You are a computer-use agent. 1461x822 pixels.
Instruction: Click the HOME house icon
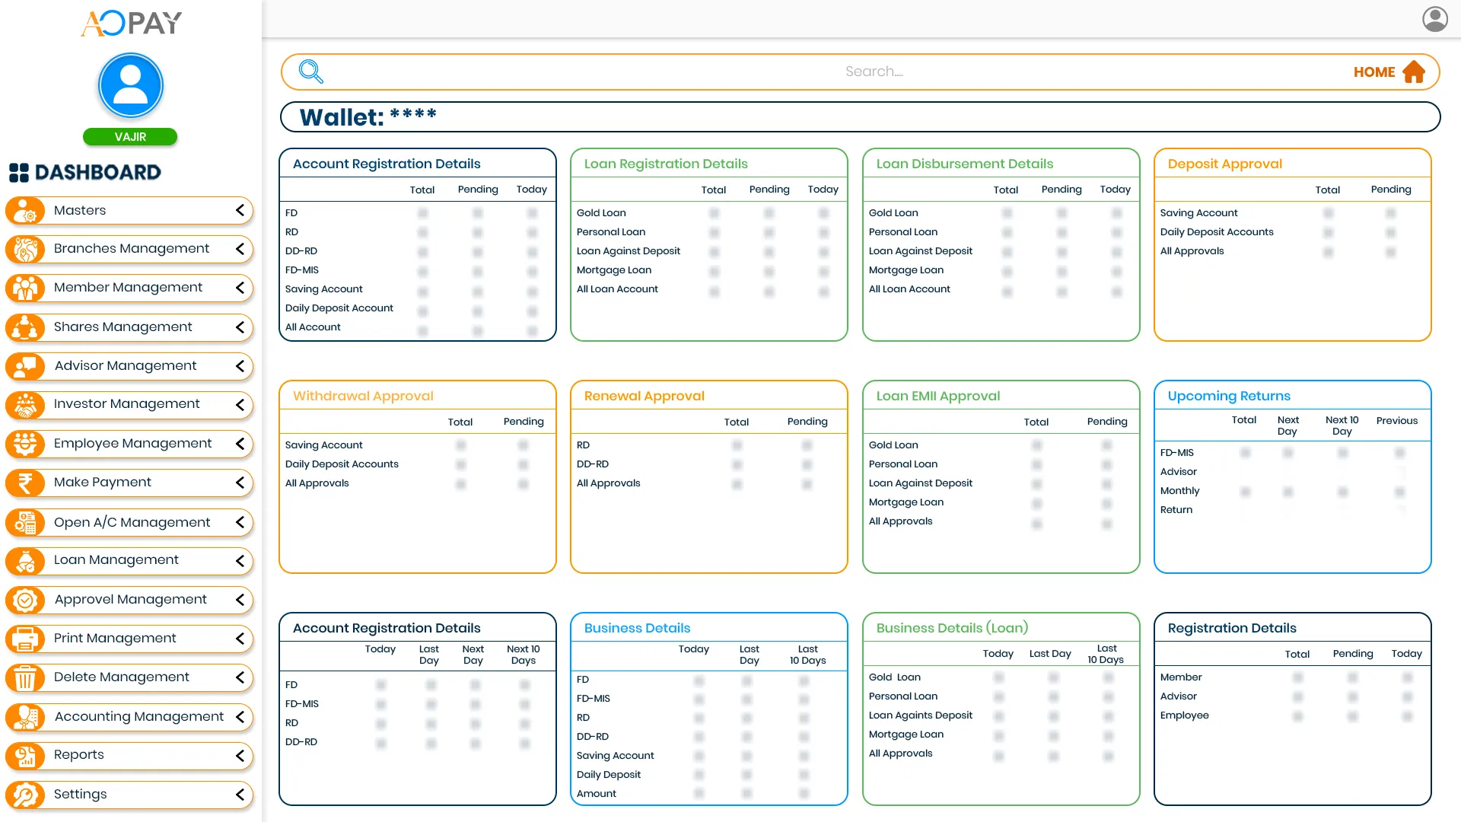[1414, 72]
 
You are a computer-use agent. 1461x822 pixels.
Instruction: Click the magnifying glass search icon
[310, 72]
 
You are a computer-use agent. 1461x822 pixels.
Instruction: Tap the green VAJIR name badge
[130, 137]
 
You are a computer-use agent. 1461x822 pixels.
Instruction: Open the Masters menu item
[80, 210]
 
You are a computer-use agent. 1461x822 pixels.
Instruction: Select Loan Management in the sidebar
[116, 560]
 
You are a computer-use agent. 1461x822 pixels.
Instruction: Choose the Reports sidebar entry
[78, 755]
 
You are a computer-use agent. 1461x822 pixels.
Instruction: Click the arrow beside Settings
[240, 795]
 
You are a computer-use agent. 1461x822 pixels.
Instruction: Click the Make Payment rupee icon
[25, 483]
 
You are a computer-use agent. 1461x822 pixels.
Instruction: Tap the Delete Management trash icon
[25, 677]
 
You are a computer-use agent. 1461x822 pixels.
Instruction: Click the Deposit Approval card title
[1224, 164]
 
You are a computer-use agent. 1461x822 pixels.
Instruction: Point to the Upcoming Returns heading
[1229, 396]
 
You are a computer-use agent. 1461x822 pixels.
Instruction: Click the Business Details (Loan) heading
[952, 628]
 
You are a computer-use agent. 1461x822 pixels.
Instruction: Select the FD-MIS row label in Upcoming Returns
[1176, 453]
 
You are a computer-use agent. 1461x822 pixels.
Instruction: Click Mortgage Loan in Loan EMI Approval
[906, 502]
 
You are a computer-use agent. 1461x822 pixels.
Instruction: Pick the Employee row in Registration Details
[1184, 715]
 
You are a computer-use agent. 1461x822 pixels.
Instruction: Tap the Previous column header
[1396, 421]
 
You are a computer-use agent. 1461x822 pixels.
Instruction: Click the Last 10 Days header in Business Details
[807, 655]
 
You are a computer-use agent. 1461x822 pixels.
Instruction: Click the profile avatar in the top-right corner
[1435, 19]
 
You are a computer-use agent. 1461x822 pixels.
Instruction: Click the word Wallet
[342, 117]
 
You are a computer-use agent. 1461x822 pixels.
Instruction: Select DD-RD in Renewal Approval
[592, 464]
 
